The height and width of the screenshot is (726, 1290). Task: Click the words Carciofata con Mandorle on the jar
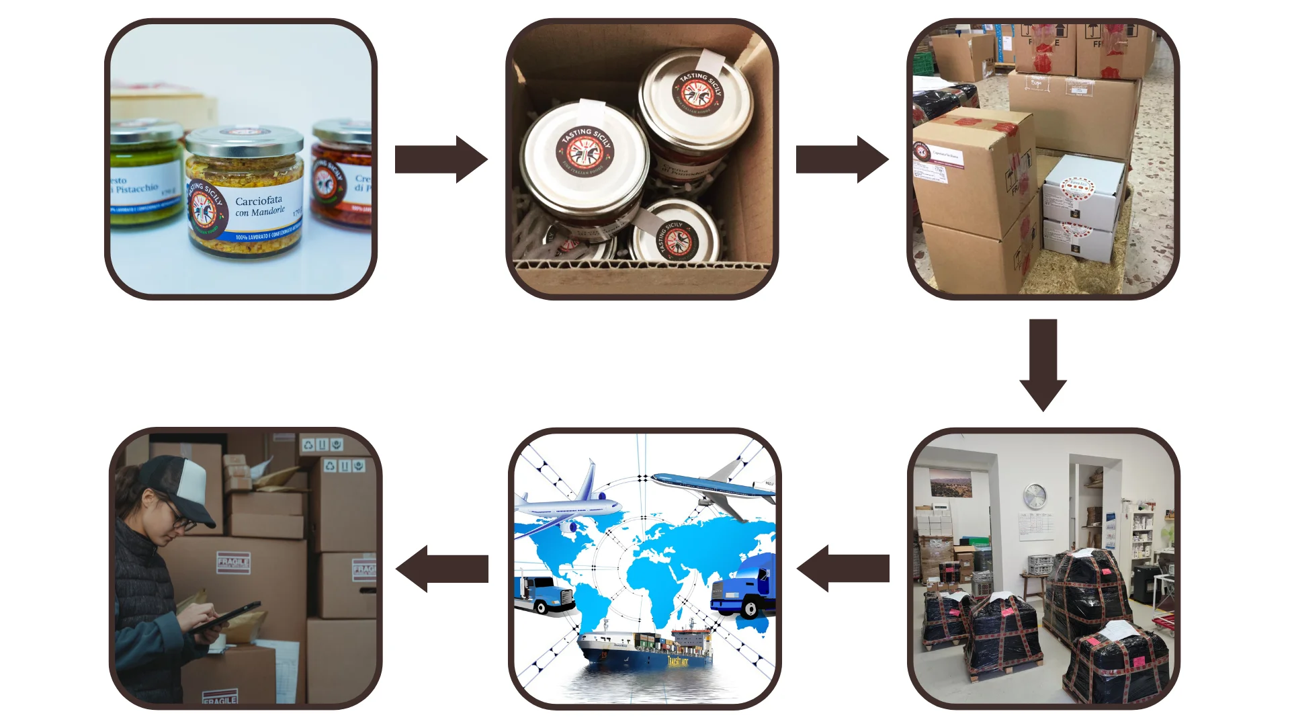click(259, 206)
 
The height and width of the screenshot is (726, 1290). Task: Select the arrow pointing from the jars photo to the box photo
click(441, 159)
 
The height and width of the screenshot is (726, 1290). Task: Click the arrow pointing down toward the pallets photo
click(1043, 364)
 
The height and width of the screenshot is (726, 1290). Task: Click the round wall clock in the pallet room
click(1035, 496)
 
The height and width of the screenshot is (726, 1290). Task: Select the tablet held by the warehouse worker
click(225, 616)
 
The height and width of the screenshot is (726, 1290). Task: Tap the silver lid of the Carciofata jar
click(245, 140)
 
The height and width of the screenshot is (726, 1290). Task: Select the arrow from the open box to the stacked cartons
click(842, 159)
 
